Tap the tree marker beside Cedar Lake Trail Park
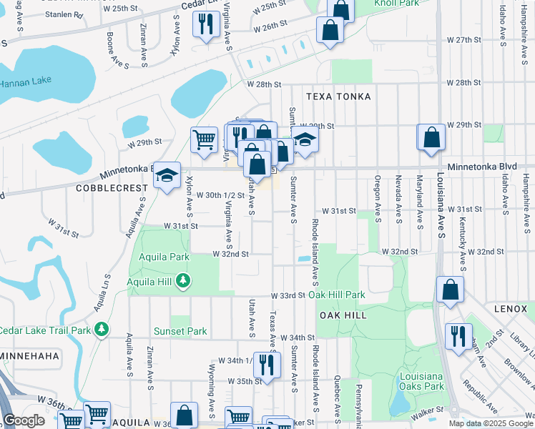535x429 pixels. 102,329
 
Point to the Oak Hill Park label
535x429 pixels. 342,295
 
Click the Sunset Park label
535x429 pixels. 180,331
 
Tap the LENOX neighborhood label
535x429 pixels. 510,308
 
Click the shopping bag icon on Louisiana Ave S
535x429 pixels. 431,138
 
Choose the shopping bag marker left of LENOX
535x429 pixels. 450,289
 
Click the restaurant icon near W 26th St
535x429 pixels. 206,25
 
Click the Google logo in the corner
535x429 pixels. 24,420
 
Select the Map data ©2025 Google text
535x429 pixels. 490,423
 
